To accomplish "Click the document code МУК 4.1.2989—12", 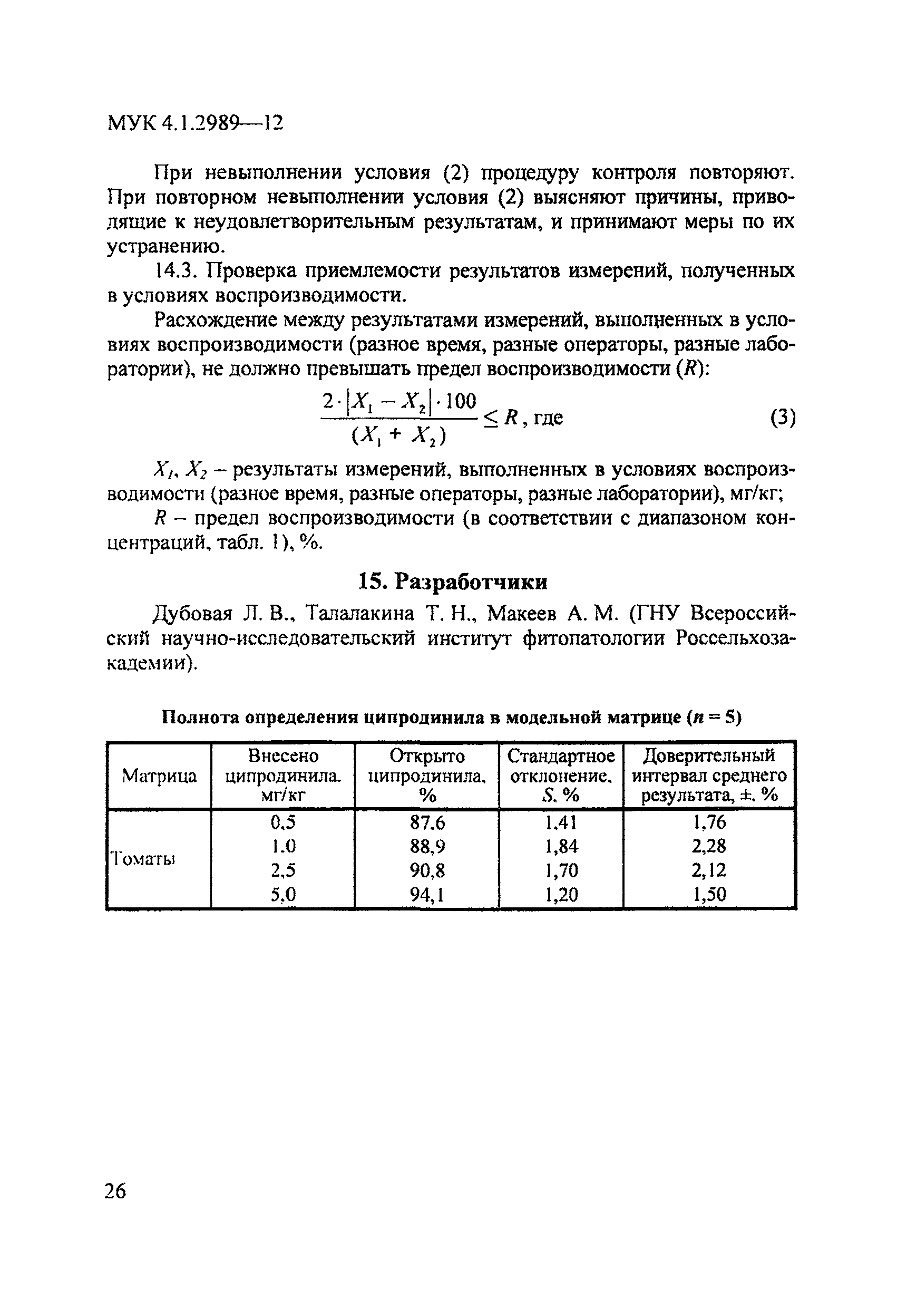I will click(194, 123).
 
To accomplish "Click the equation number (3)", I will click(783, 418).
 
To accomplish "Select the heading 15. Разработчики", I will click(453, 582).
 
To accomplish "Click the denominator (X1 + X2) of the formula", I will click(399, 435).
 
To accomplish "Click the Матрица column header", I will click(159, 777).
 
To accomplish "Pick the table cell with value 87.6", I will click(427, 823).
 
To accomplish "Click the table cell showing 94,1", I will click(427, 894).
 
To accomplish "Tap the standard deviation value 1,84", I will click(561, 847).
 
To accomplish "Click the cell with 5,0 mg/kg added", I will click(283, 894).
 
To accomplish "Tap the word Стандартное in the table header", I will click(561, 756).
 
